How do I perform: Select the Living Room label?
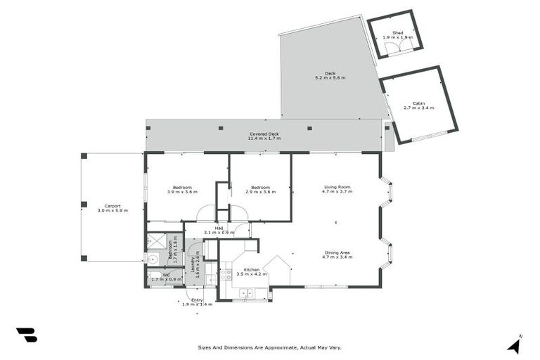pos(336,187)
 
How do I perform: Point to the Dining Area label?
pos(336,253)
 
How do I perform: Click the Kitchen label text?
pos(252,270)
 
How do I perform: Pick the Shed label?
pos(397,32)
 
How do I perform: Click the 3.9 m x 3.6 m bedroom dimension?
pos(182,192)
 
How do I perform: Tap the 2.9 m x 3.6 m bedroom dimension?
pos(261,192)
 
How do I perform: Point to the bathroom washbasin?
pos(154,259)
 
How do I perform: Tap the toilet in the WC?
pos(153,276)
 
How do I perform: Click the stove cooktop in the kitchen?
pos(226,274)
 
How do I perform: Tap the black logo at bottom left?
pos(26,335)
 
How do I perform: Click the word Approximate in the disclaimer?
pos(279,347)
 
